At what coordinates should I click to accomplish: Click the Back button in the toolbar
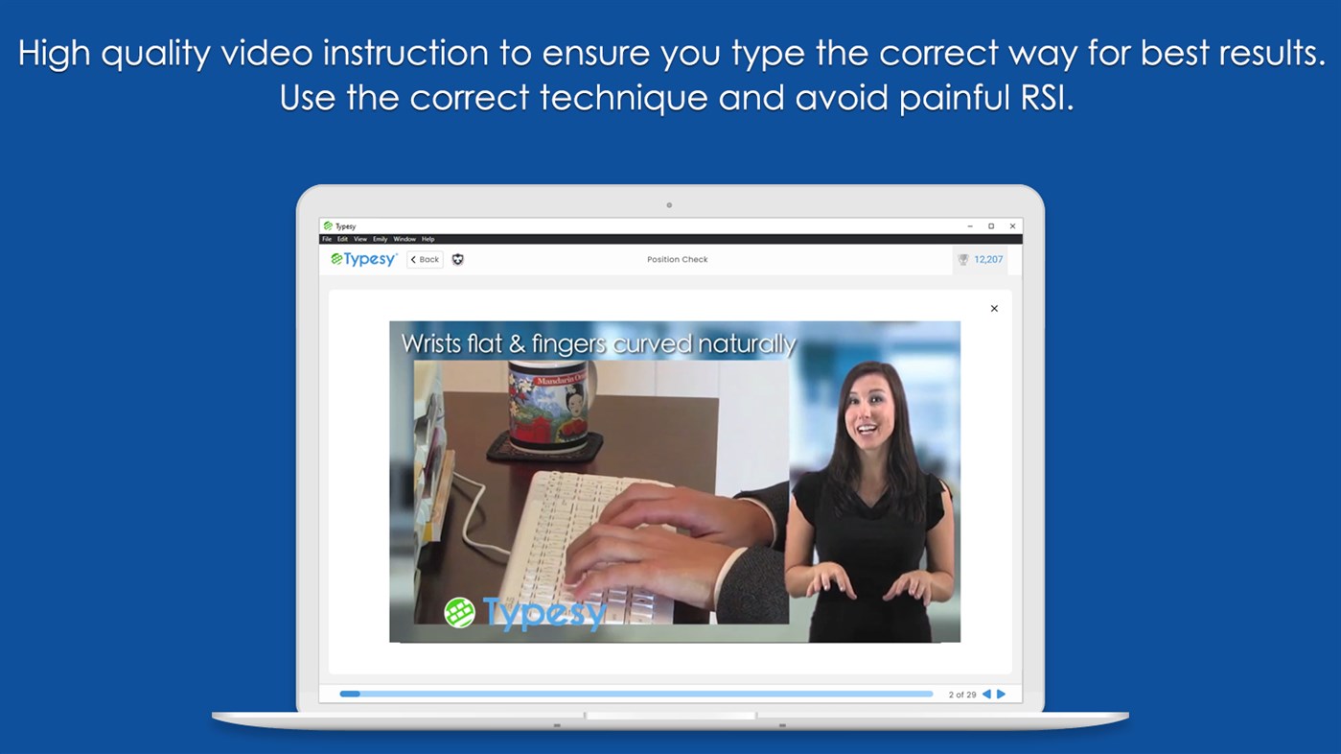pos(425,259)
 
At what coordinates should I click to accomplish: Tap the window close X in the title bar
pos(1012,226)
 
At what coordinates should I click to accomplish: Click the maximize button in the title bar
pos(991,226)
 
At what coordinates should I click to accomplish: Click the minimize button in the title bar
pos(970,226)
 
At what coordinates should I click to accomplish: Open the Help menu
pos(428,239)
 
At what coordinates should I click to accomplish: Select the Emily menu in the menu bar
pos(380,239)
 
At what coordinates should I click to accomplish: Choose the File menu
pos(326,239)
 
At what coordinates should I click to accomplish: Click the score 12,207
pos(988,259)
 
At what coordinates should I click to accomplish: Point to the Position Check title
pos(677,259)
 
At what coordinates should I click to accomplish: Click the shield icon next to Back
pos(457,259)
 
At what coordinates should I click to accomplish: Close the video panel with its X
pos(994,309)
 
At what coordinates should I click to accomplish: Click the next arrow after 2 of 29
pos(1002,694)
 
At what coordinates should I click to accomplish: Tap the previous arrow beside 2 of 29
pos(986,694)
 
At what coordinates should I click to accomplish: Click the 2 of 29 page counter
pos(961,695)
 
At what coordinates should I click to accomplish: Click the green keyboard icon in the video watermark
pos(459,612)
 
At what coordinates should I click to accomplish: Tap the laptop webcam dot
pos(669,205)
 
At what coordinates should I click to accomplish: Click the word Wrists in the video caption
pos(432,343)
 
